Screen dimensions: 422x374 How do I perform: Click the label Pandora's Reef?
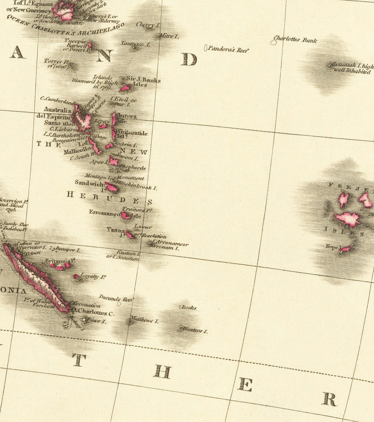click(x=228, y=50)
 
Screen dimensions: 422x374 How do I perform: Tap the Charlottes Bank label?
click(x=295, y=40)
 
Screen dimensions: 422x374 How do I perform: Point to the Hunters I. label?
click(x=194, y=330)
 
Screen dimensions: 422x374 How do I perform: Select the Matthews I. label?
click(x=144, y=320)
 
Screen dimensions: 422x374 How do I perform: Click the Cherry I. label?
click(x=148, y=25)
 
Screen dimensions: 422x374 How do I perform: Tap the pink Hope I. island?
click(x=345, y=249)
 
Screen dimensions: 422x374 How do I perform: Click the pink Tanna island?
click(x=130, y=235)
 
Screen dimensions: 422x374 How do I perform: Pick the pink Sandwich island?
click(x=112, y=187)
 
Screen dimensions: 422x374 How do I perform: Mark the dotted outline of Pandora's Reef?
click(x=206, y=48)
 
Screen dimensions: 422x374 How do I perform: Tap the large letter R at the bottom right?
click(x=329, y=399)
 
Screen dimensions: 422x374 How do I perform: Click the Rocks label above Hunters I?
click(x=188, y=308)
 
